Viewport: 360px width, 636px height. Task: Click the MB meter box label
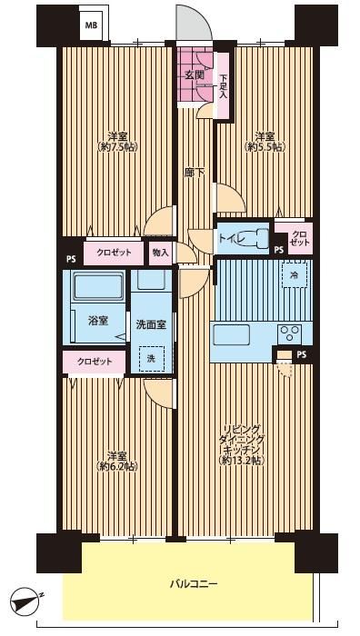point(91,25)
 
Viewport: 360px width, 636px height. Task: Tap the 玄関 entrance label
point(193,75)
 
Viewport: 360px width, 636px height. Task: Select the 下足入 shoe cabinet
point(224,85)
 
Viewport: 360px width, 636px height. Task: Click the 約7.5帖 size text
point(117,147)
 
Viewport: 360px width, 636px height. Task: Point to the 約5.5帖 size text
point(265,147)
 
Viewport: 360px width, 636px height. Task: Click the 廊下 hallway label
point(195,173)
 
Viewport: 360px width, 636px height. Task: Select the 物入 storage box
point(160,253)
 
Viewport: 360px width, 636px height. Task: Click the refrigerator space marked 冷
point(294,274)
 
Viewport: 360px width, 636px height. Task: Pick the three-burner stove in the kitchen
point(289,333)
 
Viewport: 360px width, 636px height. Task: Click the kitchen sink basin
point(232,335)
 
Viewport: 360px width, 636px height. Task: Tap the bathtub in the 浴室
point(98,285)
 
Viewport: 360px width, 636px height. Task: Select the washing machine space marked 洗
point(151,358)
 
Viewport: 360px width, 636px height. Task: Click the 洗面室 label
point(151,324)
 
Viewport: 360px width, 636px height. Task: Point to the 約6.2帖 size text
point(117,466)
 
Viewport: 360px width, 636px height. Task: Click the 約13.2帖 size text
point(242,460)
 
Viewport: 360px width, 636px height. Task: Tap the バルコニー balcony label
point(194,584)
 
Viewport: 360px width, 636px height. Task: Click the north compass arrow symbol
point(25,599)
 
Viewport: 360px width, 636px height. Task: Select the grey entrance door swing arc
point(194,23)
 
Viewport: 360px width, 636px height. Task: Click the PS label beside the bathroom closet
point(71,259)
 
